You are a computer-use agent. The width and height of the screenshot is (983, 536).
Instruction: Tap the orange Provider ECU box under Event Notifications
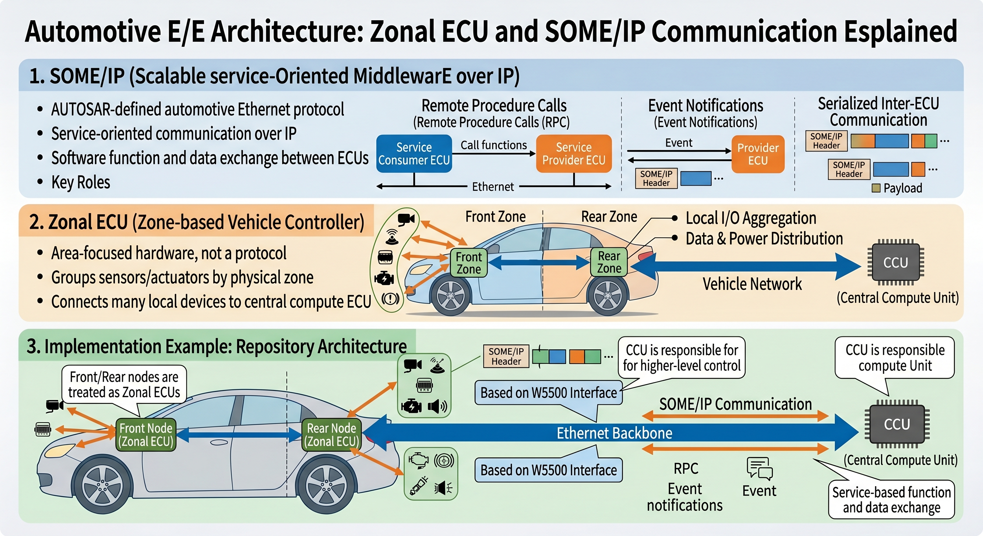tap(758, 154)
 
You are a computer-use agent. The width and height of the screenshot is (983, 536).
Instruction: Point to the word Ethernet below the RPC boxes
tap(493, 187)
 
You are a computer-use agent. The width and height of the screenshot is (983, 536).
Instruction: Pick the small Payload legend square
tap(876, 188)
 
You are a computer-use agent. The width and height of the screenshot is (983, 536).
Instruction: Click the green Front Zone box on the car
tap(468, 262)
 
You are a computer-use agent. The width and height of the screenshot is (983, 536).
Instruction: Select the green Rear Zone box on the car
tap(609, 262)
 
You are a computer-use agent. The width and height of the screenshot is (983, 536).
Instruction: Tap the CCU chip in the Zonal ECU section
tap(895, 262)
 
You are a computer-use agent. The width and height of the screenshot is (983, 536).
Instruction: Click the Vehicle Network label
tap(752, 284)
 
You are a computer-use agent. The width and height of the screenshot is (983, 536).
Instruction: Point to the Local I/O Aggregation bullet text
tap(751, 218)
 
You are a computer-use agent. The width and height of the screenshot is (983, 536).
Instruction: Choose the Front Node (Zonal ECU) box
tap(146, 434)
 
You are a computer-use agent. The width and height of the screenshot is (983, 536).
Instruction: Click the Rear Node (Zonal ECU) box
tap(331, 434)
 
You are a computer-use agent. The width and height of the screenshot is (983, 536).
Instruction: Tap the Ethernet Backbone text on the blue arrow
tap(614, 433)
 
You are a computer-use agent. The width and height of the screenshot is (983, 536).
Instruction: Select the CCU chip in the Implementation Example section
tap(897, 424)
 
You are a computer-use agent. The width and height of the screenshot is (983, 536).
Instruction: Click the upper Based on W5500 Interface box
tap(548, 393)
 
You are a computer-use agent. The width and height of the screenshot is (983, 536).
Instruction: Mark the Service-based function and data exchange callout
tap(891, 500)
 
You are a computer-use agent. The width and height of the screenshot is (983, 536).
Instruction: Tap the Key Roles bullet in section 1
tap(81, 183)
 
